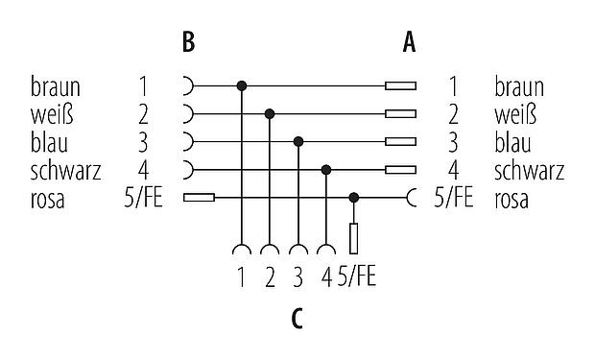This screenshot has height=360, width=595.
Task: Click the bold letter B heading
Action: (189, 42)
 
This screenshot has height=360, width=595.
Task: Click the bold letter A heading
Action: (410, 42)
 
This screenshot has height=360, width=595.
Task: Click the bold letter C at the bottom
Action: (297, 317)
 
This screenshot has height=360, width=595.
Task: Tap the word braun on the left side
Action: (55, 87)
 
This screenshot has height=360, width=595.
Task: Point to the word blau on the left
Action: (49, 143)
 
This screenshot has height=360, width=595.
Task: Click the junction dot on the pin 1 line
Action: (242, 86)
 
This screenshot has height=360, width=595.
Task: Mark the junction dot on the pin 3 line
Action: (299, 142)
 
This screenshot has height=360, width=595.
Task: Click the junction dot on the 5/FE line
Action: (355, 198)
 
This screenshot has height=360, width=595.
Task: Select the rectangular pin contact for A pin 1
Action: (400, 86)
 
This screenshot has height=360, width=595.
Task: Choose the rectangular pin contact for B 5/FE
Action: (198, 198)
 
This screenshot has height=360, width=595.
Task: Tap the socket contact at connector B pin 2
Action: (188, 114)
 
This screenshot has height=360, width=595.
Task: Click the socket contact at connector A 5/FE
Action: (412, 198)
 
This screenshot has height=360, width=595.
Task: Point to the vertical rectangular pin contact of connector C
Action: (355, 237)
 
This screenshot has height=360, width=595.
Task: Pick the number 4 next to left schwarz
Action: (143, 171)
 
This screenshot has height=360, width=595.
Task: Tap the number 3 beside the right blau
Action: (452, 143)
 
